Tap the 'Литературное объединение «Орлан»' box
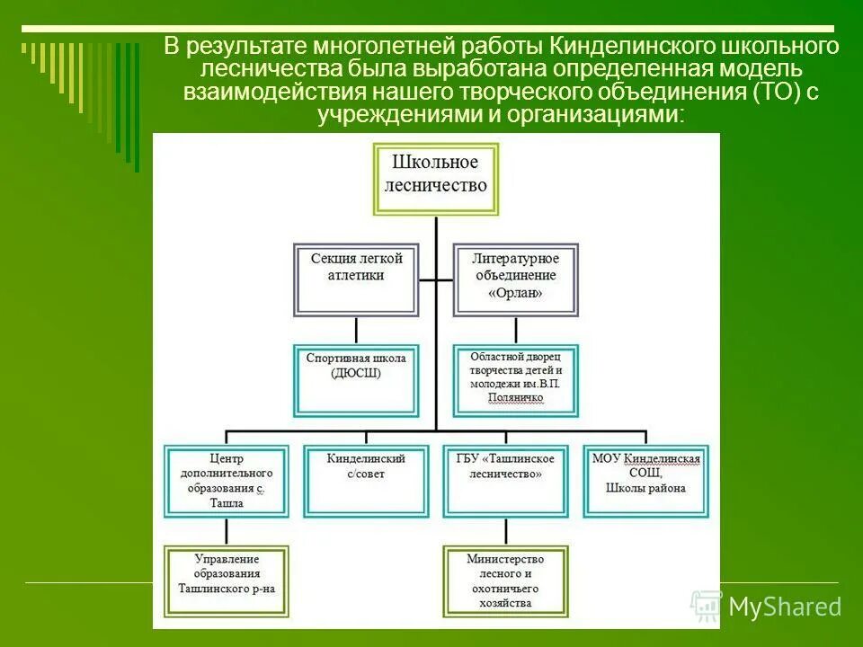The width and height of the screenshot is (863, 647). [515, 279]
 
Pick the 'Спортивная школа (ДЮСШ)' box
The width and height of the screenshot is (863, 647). [356, 380]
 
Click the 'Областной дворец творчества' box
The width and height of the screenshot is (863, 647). [515, 380]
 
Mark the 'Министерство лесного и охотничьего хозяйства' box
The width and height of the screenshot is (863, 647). [505, 581]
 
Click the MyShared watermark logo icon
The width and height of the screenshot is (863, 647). [707, 607]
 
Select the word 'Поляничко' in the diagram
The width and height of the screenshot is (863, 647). [515, 396]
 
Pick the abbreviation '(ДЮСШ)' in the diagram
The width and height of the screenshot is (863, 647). [356, 373]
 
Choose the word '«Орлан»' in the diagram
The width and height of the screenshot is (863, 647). [515, 292]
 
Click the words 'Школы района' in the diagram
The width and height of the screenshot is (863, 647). [645, 488]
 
